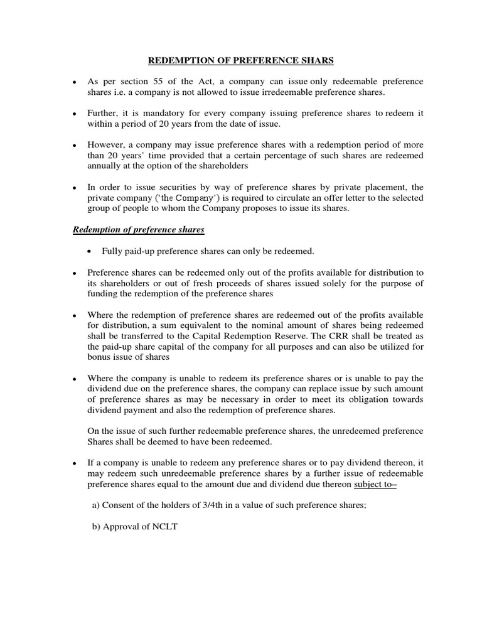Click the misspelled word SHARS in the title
[317, 60]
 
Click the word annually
[105, 166]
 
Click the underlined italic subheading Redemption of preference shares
[139, 230]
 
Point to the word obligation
[358, 399]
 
